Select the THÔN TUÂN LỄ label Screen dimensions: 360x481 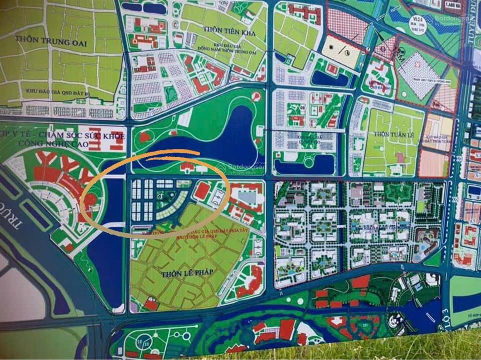(392, 134)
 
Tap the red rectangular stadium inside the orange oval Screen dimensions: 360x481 (202, 191)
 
